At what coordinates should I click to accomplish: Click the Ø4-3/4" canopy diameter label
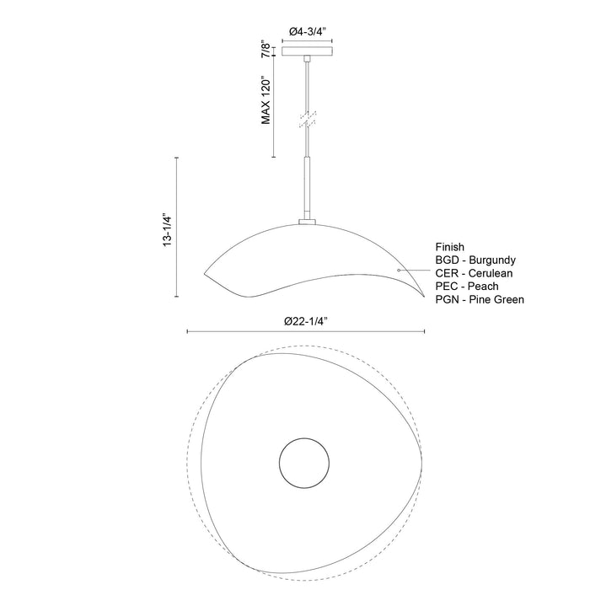tap(308, 31)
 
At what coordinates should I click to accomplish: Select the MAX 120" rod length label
tap(265, 99)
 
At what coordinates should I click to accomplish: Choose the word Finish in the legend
tap(450, 248)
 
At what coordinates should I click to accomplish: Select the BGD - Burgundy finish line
tap(475, 261)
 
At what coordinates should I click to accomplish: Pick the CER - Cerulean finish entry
tap(474, 274)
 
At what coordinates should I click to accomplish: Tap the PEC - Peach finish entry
tap(466, 287)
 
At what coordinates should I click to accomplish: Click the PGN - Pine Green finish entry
tap(480, 299)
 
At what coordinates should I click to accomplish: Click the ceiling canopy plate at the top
tap(308, 51)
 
